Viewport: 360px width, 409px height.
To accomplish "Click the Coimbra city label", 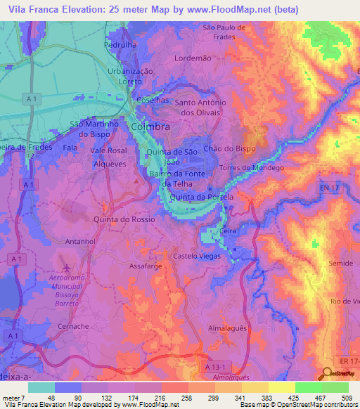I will pyautogui.click(x=150, y=126).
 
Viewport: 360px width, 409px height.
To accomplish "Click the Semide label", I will pyautogui.click(x=340, y=263).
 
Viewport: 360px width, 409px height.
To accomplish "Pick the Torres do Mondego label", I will pyautogui.click(x=252, y=168).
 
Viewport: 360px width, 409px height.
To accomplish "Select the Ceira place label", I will pyautogui.click(x=226, y=229).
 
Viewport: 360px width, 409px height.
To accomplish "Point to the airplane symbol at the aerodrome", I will pyautogui.click(x=67, y=268).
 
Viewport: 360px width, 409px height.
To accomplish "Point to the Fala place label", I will pyautogui.click(x=70, y=148).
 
